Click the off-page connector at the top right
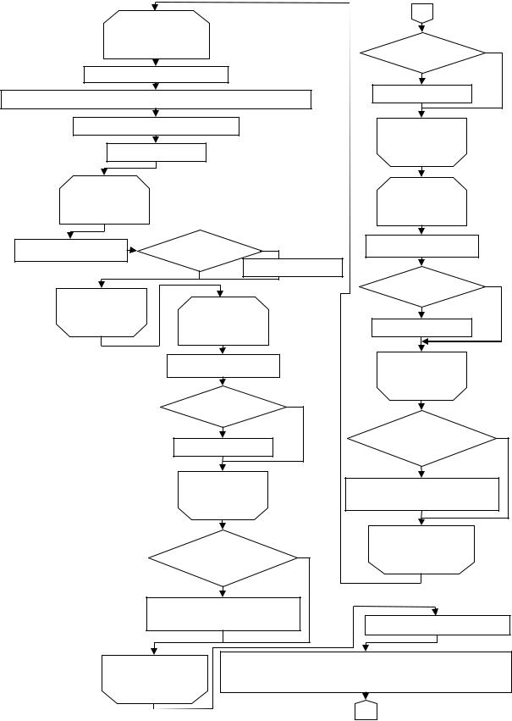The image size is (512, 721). tap(421, 12)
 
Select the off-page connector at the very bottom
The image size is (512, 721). tap(366, 710)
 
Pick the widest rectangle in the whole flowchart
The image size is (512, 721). tap(157, 99)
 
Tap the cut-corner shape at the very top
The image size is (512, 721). tap(156, 35)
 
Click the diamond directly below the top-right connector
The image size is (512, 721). tap(422, 53)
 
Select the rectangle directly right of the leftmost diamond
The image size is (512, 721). tap(292, 267)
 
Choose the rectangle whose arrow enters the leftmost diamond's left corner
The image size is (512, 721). tap(71, 250)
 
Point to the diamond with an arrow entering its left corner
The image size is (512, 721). tap(199, 251)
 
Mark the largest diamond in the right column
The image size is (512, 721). tap(422, 438)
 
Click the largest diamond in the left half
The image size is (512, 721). tap(223, 557)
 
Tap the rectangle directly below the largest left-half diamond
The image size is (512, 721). tap(223, 613)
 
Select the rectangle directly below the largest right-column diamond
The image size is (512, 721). tap(422, 494)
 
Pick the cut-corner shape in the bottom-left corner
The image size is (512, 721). tap(154, 679)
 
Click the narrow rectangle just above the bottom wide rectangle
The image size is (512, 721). tap(437, 625)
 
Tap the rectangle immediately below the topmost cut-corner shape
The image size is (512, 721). tap(157, 75)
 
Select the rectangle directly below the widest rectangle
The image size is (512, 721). tap(157, 126)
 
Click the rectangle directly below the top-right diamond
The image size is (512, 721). tap(422, 93)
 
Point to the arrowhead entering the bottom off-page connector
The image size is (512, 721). tap(366, 697)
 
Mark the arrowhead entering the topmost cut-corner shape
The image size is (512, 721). tap(156, 8)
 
